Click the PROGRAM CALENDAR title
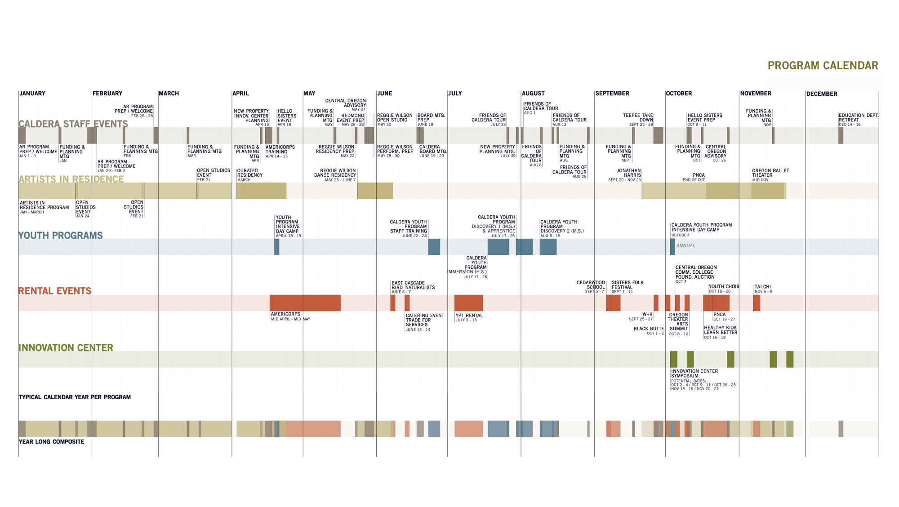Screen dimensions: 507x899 (823, 66)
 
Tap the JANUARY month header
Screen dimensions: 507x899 (32, 93)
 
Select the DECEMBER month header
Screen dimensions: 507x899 (822, 94)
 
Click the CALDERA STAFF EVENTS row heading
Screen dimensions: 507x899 (73, 124)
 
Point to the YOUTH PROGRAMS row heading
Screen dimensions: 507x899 (61, 236)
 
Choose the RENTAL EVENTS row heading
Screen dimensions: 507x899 (55, 291)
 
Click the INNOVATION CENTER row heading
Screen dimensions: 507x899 (66, 348)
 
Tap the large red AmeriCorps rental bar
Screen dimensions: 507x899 (305, 303)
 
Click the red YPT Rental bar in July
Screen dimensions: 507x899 (468, 303)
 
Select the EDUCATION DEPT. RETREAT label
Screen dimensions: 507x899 (858, 118)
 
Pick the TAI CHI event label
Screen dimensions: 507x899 (762, 287)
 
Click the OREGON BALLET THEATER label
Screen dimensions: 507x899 (770, 173)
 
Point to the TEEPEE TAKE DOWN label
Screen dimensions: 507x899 (638, 118)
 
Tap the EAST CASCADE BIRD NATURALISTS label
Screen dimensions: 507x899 (413, 285)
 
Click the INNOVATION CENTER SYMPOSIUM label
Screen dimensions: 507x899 (694, 374)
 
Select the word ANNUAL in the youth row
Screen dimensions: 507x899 (685, 246)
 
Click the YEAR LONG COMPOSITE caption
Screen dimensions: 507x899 (51, 442)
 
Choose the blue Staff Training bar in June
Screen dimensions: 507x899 (434, 247)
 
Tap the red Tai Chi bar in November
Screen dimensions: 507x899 (757, 303)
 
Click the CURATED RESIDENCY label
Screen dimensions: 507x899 (249, 173)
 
